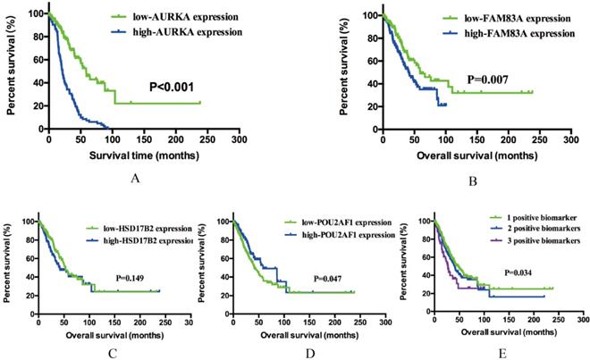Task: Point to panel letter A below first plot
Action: click(x=135, y=179)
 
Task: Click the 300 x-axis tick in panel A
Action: click(x=238, y=140)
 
